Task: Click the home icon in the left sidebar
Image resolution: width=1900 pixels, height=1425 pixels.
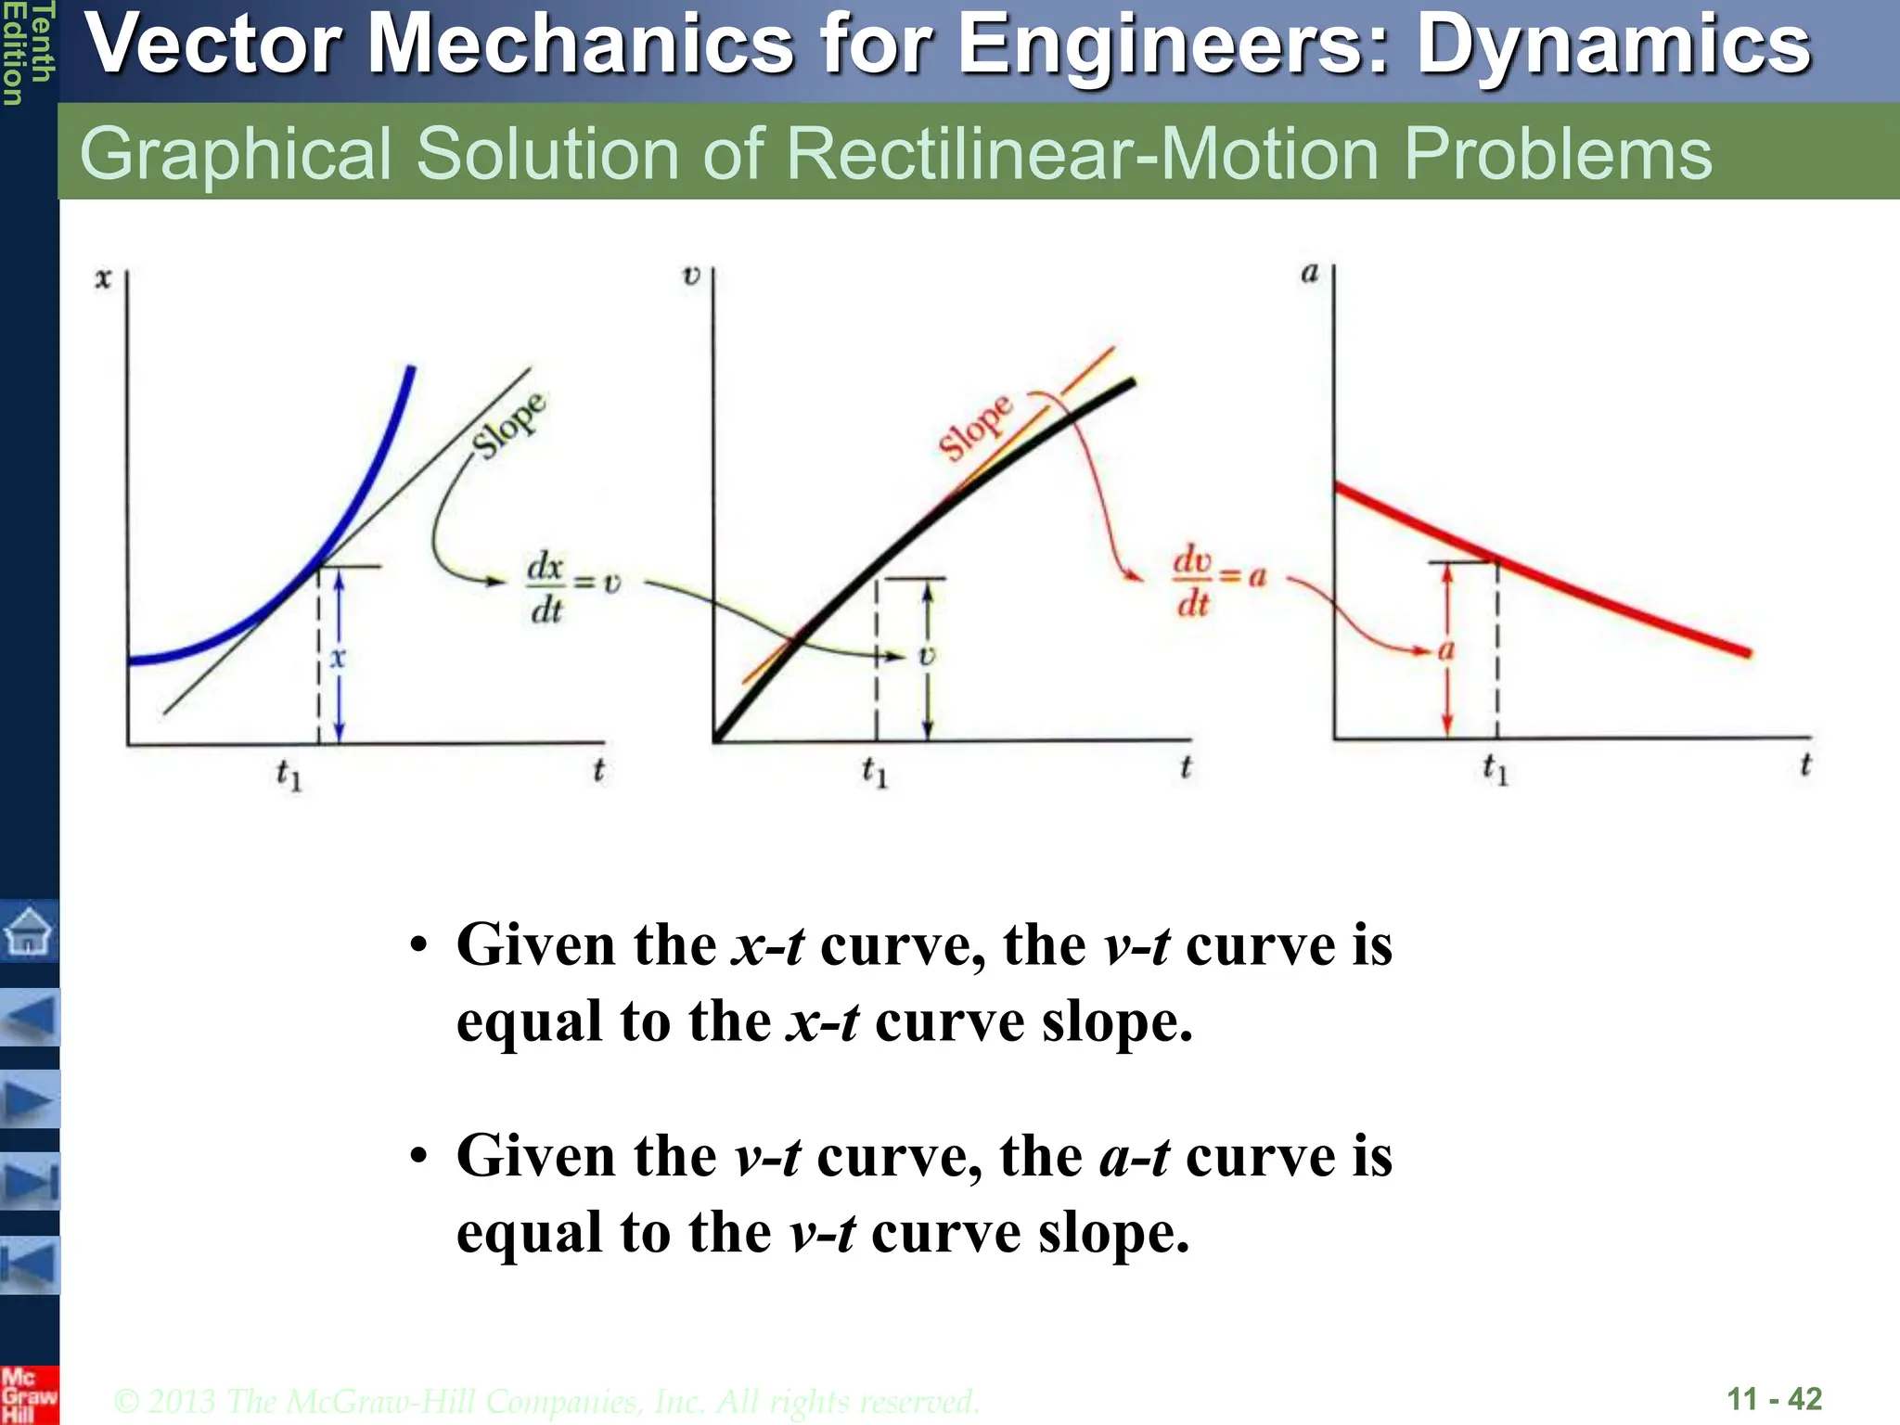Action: click(x=29, y=931)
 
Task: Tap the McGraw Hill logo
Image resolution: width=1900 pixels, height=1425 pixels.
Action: click(x=28, y=1395)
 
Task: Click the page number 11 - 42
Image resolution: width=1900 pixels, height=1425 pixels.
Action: click(x=1774, y=1398)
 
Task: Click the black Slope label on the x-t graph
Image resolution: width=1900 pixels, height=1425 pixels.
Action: click(x=508, y=425)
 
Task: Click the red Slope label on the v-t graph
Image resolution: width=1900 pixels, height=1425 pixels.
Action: click(x=975, y=427)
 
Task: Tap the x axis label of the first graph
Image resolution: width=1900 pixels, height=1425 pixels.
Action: click(x=103, y=277)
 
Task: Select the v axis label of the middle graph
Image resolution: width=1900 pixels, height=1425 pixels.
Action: click(x=691, y=276)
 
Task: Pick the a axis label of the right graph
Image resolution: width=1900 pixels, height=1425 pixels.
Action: click(x=1309, y=273)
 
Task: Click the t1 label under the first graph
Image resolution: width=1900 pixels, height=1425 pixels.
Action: click(x=289, y=774)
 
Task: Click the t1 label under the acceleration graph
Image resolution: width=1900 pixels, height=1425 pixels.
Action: click(x=1496, y=769)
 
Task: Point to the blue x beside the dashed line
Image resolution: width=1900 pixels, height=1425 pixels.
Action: click(x=338, y=658)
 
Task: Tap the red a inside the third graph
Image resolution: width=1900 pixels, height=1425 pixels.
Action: click(x=1445, y=649)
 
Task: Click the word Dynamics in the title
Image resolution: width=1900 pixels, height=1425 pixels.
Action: click(x=1613, y=45)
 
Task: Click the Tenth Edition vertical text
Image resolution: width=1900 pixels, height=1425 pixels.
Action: click(x=27, y=53)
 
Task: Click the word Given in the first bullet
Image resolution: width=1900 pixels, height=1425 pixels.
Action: click(x=535, y=945)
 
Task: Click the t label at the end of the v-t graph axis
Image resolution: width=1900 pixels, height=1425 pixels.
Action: click(x=1185, y=767)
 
